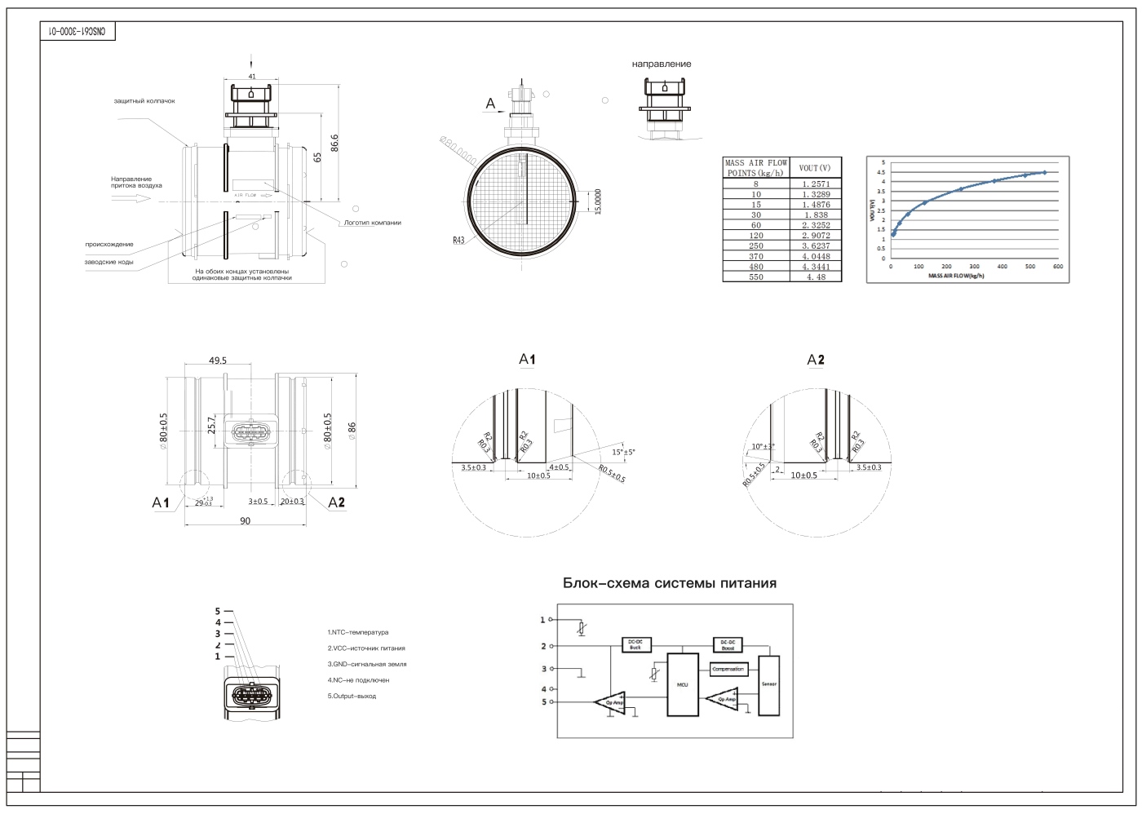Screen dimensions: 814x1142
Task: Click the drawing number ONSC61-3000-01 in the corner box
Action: click(x=78, y=31)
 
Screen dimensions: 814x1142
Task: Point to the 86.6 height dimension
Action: click(x=334, y=143)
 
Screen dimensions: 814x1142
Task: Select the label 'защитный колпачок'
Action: click(x=144, y=101)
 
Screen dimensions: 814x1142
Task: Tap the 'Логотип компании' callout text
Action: click(x=372, y=222)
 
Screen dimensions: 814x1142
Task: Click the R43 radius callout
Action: click(x=458, y=241)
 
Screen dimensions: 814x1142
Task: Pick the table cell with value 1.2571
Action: click(x=816, y=184)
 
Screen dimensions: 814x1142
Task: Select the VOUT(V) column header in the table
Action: click(x=815, y=168)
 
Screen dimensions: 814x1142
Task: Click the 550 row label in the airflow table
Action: click(x=756, y=277)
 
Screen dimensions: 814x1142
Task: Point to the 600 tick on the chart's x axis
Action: click(x=1057, y=267)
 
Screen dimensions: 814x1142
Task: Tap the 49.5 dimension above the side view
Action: click(x=218, y=361)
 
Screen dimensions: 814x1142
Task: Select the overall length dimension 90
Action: click(x=246, y=521)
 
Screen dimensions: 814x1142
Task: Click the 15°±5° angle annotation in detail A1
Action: click(x=623, y=452)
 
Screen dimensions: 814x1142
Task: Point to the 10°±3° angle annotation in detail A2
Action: click(x=764, y=446)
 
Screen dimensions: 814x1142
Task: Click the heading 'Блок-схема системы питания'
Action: click(x=669, y=583)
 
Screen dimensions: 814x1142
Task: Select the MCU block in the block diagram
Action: click(x=683, y=684)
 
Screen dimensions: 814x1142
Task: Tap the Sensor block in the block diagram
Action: click(x=768, y=684)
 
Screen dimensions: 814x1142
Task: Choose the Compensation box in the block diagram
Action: click(x=728, y=669)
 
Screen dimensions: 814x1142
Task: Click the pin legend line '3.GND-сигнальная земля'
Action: click(x=366, y=664)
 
